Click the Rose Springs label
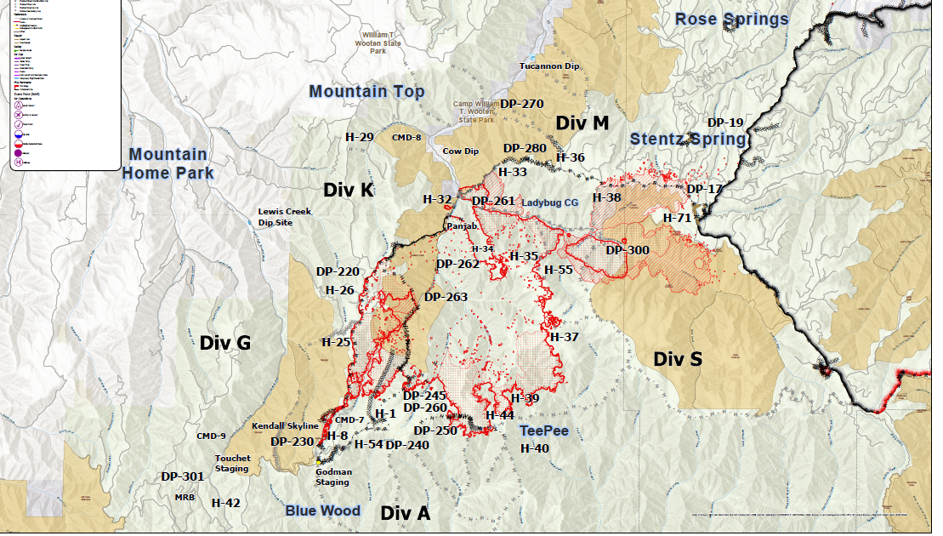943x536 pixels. (731, 19)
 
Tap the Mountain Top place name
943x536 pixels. (366, 91)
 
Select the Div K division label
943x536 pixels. (348, 190)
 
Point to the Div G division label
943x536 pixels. (225, 343)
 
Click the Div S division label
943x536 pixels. (678, 359)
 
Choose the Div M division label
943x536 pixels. (582, 123)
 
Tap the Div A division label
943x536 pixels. (405, 513)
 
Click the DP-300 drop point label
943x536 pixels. (627, 250)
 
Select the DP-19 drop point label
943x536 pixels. (725, 122)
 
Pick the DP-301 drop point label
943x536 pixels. (182, 476)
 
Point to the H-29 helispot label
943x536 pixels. (359, 137)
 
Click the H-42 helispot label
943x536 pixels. (225, 503)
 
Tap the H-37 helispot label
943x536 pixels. (564, 337)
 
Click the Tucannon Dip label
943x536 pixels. (548, 66)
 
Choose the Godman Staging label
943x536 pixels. (332, 476)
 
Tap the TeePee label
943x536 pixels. (544, 431)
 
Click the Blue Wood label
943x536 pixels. (322, 510)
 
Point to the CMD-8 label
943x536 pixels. (406, 137)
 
